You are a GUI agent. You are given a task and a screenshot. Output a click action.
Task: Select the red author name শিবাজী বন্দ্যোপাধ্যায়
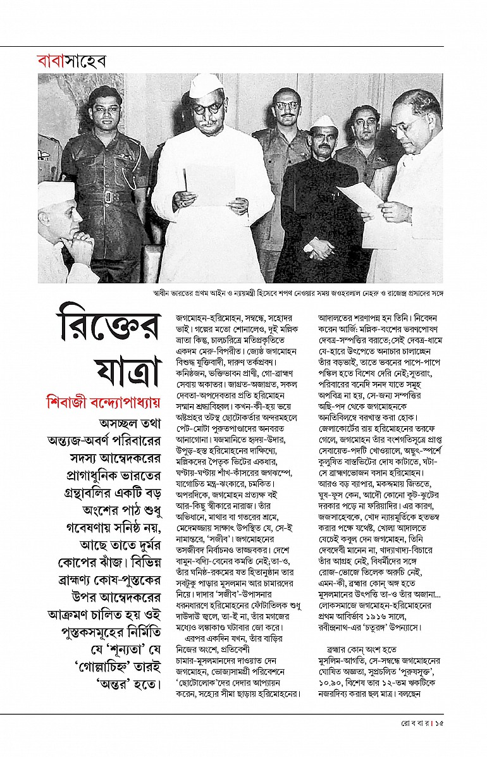[101, 402]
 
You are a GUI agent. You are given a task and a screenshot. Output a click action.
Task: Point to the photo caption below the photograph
[297, 294]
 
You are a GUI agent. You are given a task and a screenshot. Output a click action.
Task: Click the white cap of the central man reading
[206, 85]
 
